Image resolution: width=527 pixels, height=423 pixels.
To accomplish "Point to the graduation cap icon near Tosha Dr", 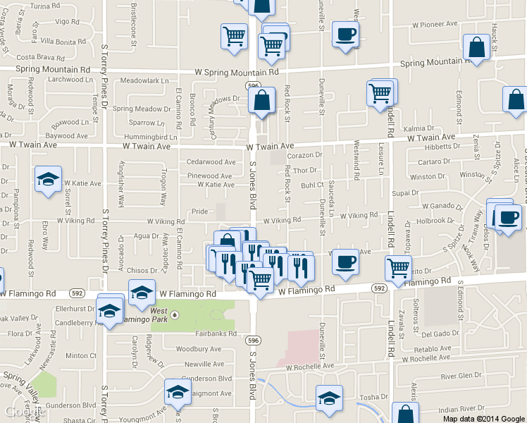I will tap(329, 398).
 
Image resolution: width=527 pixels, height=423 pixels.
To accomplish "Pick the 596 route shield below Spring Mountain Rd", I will tap(253, 85).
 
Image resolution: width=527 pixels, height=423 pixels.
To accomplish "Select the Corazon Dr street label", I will tap(304, 155).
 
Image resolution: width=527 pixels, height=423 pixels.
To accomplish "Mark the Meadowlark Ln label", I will tap(145, 80).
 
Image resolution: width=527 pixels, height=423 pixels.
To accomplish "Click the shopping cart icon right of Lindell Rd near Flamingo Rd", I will tap(399, 268).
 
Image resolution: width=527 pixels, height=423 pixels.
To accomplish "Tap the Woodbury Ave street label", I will tap(198, 349).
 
